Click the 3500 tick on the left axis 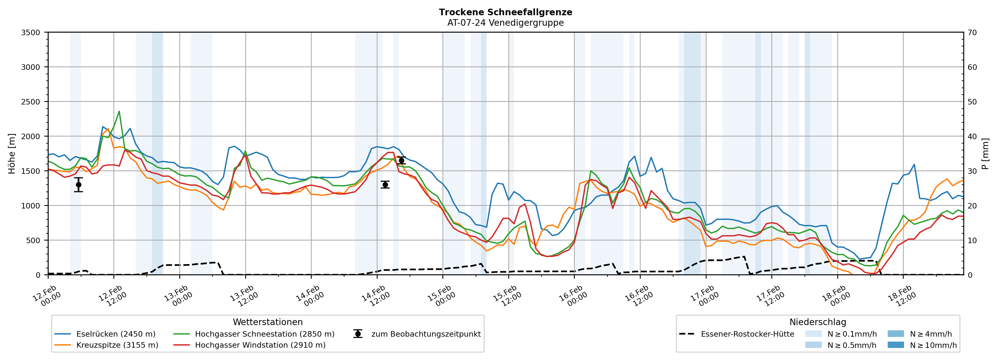(x=31, y=33)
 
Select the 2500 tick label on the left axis (x=31, y=102)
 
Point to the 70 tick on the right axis (x=972, y=33)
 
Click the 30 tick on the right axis (x=972, y=171)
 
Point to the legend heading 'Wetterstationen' (x=268, y=322)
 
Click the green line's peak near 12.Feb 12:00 (x=119, y=112)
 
